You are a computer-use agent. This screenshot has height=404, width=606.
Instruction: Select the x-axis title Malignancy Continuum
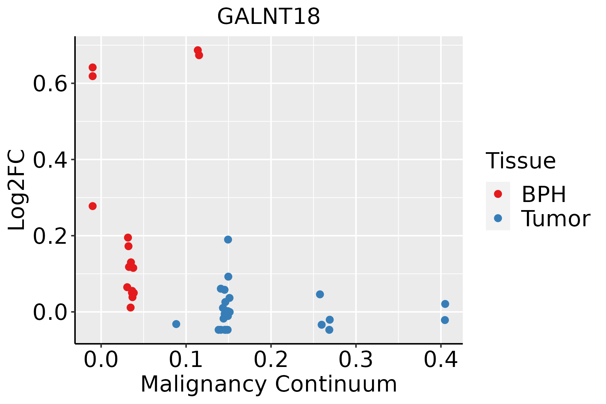268,384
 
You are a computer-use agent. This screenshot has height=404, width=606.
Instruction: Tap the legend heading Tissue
520,161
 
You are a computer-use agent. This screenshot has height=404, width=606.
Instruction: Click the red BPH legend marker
498,194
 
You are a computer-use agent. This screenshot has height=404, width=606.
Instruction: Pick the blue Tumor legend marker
498,218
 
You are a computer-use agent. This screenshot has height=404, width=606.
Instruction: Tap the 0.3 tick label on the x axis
356,360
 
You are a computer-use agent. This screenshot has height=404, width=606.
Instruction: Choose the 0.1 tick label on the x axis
186,360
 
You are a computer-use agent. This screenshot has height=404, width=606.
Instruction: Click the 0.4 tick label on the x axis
440,360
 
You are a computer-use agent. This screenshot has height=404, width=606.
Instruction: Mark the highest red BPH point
198,50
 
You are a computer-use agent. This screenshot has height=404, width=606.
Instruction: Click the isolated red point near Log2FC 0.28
93,206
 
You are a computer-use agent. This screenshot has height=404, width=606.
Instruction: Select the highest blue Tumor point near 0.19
228,240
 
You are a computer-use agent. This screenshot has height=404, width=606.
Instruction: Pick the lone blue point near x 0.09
176,324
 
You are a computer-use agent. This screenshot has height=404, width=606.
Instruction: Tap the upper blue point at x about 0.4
445,304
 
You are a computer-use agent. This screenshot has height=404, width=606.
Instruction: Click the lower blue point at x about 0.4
445,320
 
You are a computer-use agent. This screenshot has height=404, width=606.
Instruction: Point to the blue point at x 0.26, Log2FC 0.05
320,294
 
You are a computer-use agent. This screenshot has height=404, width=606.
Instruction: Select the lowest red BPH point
131,307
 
